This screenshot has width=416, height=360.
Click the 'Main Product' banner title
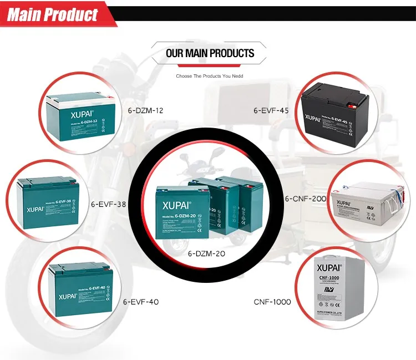53,14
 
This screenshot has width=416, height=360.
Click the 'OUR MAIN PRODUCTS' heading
210,53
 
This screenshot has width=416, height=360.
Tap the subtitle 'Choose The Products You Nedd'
210,75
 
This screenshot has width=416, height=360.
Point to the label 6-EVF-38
109,204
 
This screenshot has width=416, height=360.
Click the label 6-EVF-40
141,302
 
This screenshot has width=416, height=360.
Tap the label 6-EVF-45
272,110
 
